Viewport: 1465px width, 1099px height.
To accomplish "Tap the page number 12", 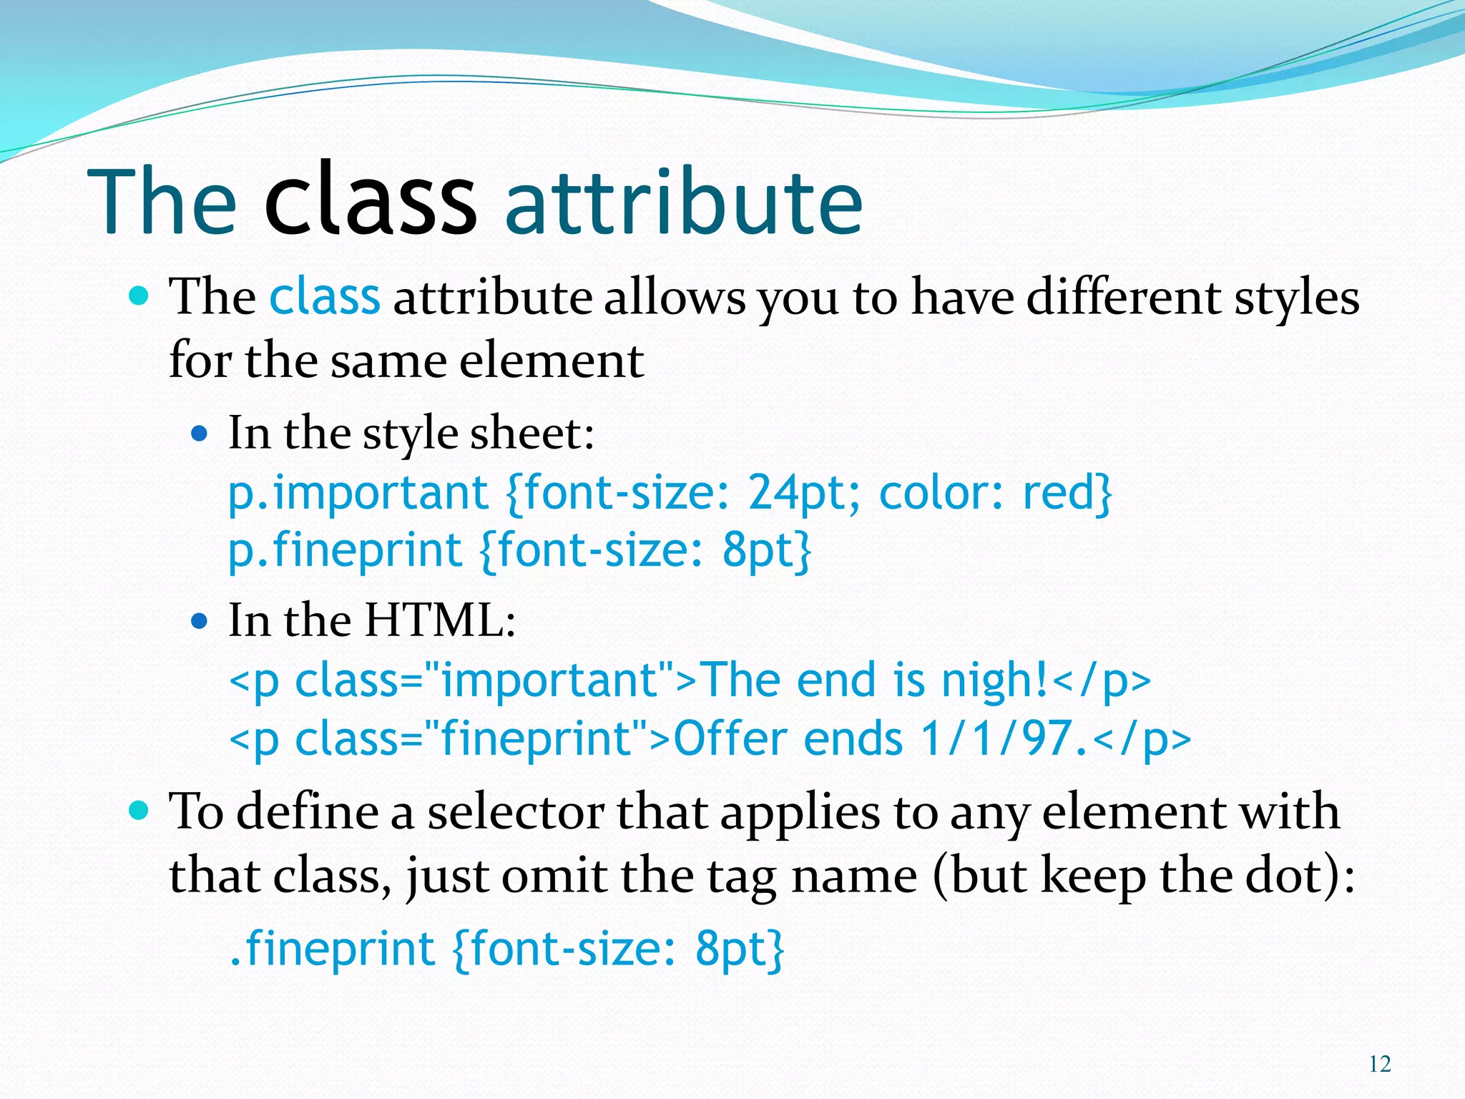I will tap(1380, 1065).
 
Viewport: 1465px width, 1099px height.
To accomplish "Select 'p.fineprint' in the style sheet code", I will tap(345, 552).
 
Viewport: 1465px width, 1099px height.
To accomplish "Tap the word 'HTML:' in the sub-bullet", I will tap(440, 620).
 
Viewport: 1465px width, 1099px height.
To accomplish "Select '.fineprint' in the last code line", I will tap(332, 949).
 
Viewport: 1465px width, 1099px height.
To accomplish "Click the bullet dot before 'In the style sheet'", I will tap(200, 434).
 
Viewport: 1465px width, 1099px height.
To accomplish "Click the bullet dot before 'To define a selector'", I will tap(139, 811).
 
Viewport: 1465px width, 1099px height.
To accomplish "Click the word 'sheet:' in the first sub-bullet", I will tap(531, 434).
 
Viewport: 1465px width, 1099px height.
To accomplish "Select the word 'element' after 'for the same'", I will tap(551, 361).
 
